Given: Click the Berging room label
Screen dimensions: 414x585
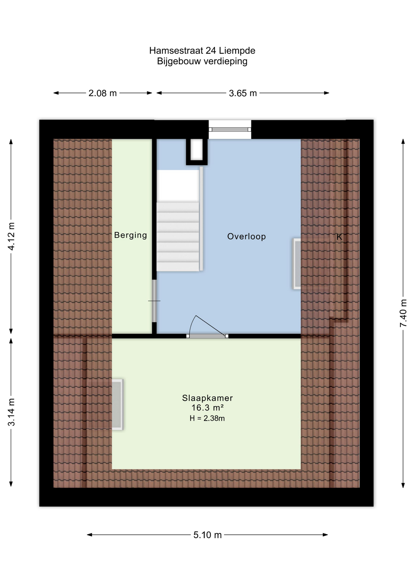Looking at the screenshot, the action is tap(130, 235).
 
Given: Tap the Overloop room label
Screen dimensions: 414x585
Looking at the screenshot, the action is tap(246, 236).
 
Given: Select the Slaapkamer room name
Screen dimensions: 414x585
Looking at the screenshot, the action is tap(207, 398).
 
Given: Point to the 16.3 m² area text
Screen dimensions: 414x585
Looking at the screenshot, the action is tap(207, 408).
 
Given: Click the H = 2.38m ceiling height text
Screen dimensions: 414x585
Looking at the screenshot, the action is tap(207, 418).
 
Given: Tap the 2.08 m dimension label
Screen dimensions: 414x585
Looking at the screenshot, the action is tap(102, 93).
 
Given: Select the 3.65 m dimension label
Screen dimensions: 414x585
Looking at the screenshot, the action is tap(243, 93).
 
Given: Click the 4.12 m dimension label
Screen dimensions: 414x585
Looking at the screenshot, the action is tap(11, 236).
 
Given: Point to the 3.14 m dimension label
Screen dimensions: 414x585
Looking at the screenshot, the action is tap(11, 412).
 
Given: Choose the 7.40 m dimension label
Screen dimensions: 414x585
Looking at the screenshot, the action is tap(403, 313).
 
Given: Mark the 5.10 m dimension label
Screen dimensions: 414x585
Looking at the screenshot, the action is tap(207, 535).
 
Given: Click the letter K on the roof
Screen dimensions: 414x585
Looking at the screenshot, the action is tap(339, 237).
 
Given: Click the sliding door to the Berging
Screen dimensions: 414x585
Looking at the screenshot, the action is tap(154, 301).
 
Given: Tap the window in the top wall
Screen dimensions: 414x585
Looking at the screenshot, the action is tap(230, 129).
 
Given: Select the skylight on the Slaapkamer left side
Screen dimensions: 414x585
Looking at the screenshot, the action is tap(117, 404).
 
